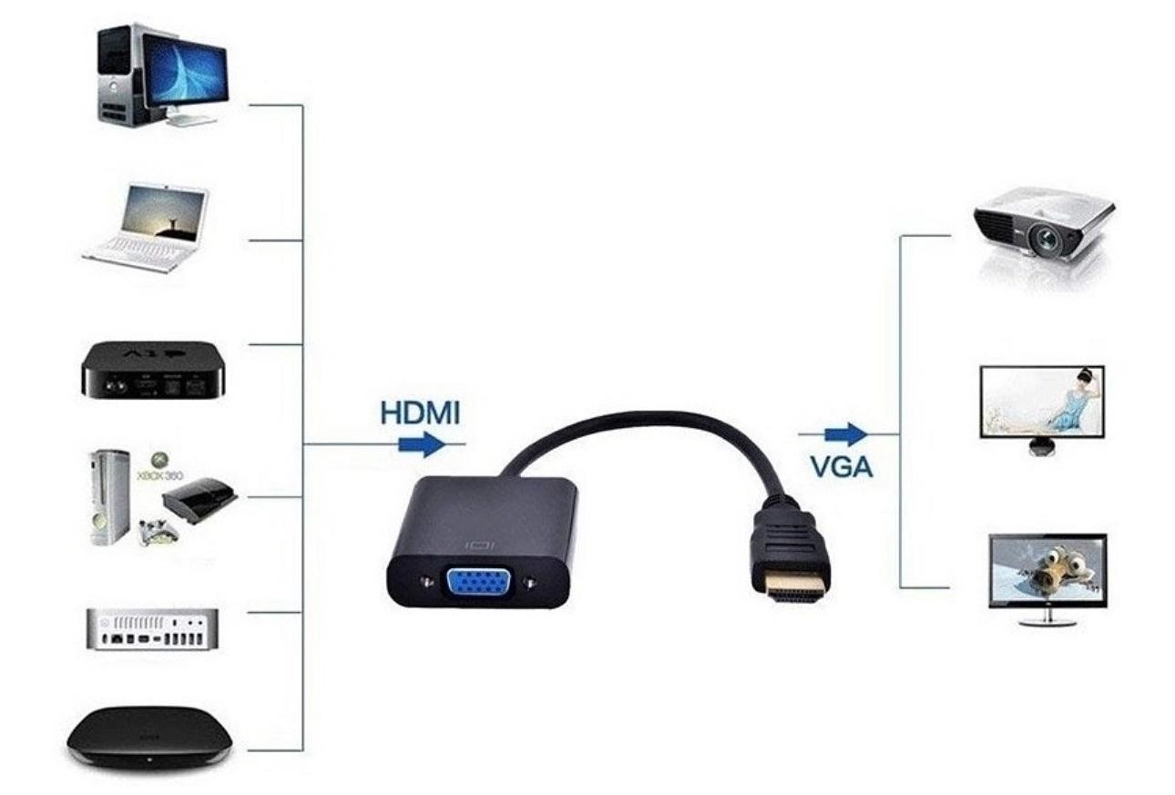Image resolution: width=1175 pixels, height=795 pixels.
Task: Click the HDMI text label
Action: point(420,413)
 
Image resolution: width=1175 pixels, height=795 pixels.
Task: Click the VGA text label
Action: point(841,467)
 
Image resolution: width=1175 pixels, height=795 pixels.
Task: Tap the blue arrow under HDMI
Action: point(421,444)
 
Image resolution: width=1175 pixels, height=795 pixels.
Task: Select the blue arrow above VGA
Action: point(844,433)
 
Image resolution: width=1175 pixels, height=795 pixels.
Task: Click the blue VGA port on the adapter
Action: point(475,579)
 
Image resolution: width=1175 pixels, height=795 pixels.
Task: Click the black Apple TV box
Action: point(150,369)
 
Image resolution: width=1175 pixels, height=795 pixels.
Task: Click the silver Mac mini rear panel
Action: point(152,628)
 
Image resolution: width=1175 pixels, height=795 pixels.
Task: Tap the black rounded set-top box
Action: point(149,733)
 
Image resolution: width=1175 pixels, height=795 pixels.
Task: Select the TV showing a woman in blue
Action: point(1043,403)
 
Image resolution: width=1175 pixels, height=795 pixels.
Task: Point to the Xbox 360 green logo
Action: point(161,460)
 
